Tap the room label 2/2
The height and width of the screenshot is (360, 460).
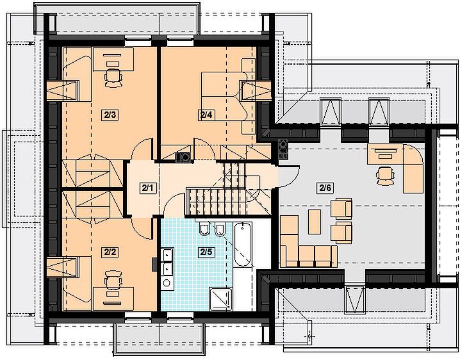pos(110,252)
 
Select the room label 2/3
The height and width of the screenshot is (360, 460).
pos(110,115)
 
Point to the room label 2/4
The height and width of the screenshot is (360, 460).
pos(206,115)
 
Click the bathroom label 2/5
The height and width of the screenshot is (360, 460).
pos(206,252)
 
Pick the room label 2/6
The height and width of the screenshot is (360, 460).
pos(325,188)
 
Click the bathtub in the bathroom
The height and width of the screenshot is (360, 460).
pos(243,244)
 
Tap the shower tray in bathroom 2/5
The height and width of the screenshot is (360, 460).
pos(220,299)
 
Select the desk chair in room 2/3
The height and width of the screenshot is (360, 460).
pos(113,78)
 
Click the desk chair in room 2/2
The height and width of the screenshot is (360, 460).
pos(113,280)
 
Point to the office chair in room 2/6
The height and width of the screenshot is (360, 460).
pos(385,176)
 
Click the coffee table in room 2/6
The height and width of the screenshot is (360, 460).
pos(315,222)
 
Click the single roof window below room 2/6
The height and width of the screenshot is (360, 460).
pos(355,299)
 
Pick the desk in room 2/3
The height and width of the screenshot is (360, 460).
pos(113,60)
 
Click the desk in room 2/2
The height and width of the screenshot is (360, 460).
pos(113,299)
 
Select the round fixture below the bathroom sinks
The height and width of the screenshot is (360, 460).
pos(167,283)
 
